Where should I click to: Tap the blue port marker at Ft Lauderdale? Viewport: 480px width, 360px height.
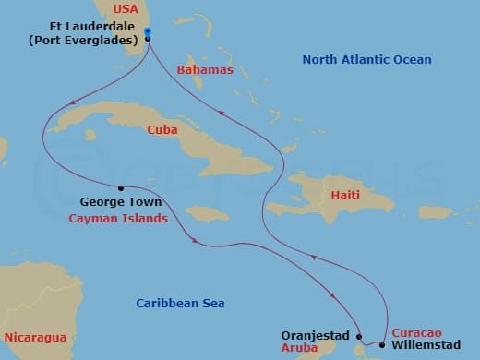148,31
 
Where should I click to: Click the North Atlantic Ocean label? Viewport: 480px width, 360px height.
367,60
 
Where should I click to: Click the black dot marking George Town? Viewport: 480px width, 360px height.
122,185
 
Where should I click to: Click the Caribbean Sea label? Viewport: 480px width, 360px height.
180,303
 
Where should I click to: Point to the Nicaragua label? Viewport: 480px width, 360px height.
35,336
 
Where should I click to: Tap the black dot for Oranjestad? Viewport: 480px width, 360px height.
359,337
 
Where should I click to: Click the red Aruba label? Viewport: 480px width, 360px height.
301,349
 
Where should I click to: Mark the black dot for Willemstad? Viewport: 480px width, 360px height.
382,345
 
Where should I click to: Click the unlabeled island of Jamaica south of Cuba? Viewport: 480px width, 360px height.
210,213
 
